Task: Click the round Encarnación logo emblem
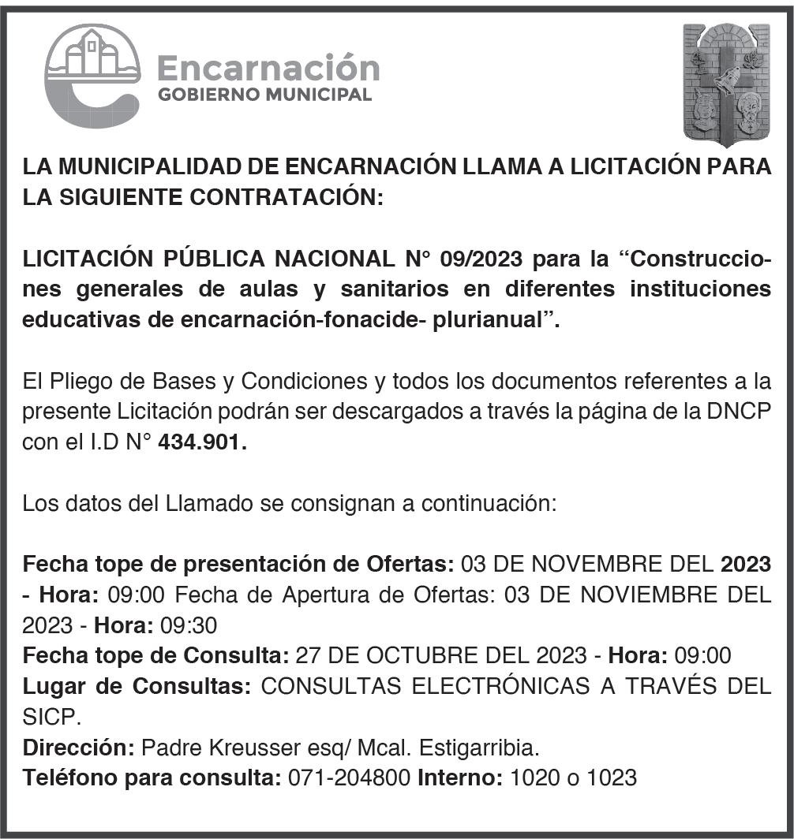92,75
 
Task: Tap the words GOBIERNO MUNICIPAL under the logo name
264,95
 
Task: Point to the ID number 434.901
202,443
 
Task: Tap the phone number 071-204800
350,777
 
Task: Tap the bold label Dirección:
79,747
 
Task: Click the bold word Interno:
460,777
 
